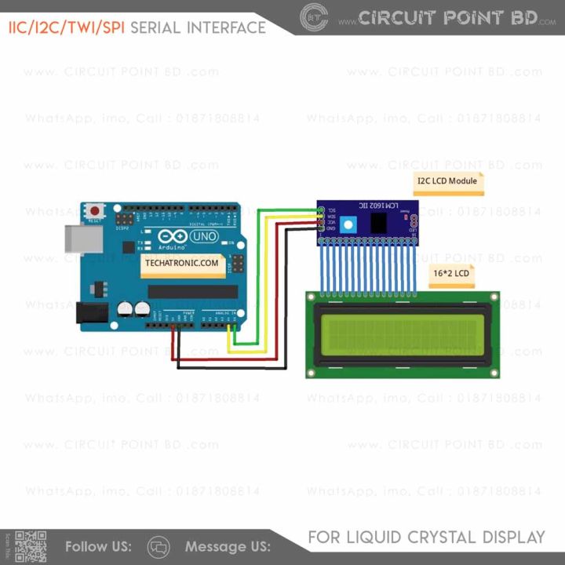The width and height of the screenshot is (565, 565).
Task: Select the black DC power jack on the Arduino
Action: [x=90, y=313]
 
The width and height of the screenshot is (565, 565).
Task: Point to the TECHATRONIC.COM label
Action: [x=181, y=264]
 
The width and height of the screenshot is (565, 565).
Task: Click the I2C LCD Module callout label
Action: [x=447, y=181]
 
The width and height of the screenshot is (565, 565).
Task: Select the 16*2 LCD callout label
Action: [x=451, y=274]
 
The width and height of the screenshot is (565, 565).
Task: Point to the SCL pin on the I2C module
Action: [x=321, y=210]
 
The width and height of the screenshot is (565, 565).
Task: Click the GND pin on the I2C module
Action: [x=321, y=228]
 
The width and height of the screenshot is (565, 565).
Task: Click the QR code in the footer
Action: [x=31, y=546]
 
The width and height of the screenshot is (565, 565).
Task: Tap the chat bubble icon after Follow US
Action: [x=159, y=546]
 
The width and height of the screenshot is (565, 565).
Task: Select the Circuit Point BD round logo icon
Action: [x=315, y=16]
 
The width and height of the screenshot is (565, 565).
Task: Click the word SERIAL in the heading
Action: [x=157, y=28]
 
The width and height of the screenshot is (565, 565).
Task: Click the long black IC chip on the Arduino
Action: [x=193, y=292]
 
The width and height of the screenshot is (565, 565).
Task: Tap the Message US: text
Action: [x=228, y=546]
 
